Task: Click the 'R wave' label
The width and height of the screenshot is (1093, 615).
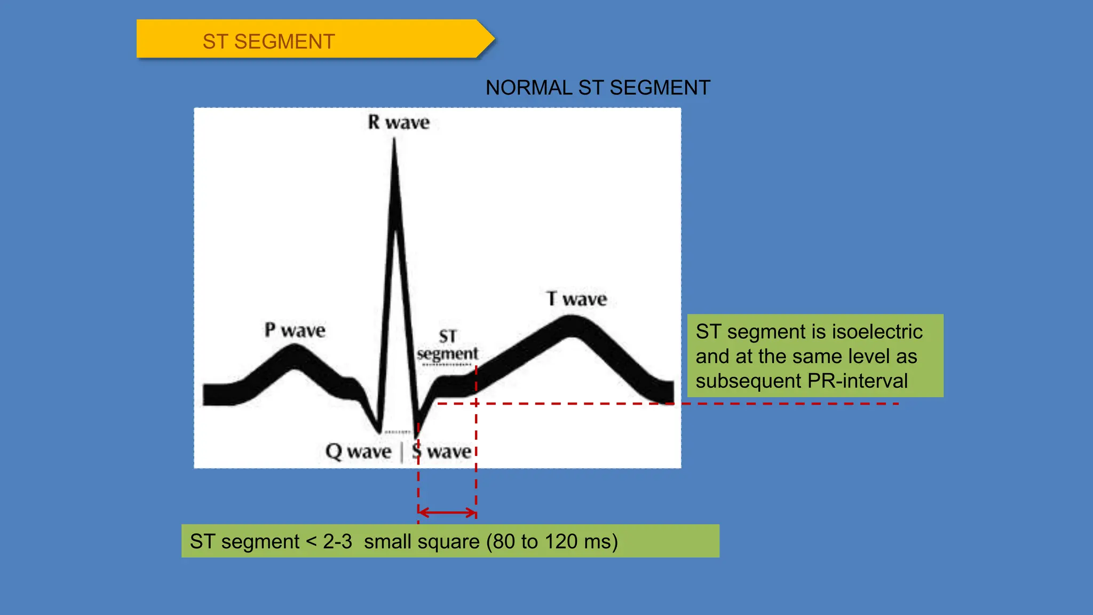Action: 399,122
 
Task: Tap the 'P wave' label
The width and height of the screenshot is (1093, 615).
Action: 295,330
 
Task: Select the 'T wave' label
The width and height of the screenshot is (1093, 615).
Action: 576,299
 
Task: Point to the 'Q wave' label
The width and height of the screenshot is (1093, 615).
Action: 358,452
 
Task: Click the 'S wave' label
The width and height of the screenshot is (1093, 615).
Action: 441,452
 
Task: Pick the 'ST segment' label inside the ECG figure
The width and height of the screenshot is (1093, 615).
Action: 447,345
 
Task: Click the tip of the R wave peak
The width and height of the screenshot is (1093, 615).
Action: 394,140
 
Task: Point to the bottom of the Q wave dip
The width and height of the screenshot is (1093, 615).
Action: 378,430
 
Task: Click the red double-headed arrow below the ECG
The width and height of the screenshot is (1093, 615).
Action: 447,512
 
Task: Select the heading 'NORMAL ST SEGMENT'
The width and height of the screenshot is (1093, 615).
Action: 598,88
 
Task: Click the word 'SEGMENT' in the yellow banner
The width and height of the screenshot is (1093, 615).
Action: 284,42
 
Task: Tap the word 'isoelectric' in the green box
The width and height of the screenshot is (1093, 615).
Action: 877,332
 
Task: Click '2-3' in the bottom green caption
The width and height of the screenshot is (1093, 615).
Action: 337,541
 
